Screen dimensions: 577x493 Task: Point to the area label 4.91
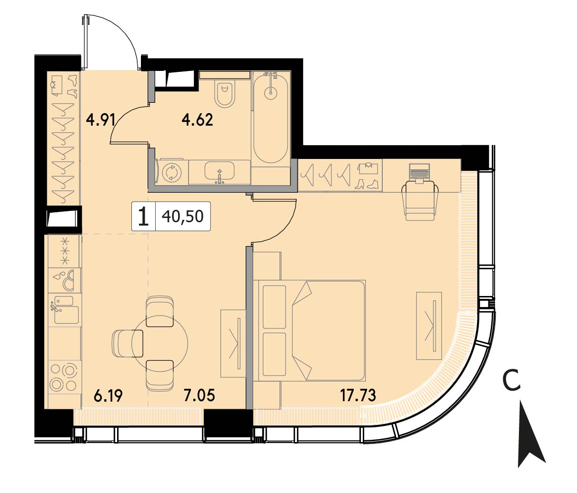[x=101, y=120]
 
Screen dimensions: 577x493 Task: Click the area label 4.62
[x=198, y=120]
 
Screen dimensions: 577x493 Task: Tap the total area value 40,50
[x=182, y=216]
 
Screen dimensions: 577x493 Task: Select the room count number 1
[x=143, y=216]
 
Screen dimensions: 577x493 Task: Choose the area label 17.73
[x=358, y=395]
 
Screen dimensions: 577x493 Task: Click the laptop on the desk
[x=419, y=172]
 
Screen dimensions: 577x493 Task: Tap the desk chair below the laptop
[x=420, y=200]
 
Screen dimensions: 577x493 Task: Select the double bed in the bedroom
[x=309, y=331]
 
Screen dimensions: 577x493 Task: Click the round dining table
[x=159, y=345]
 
